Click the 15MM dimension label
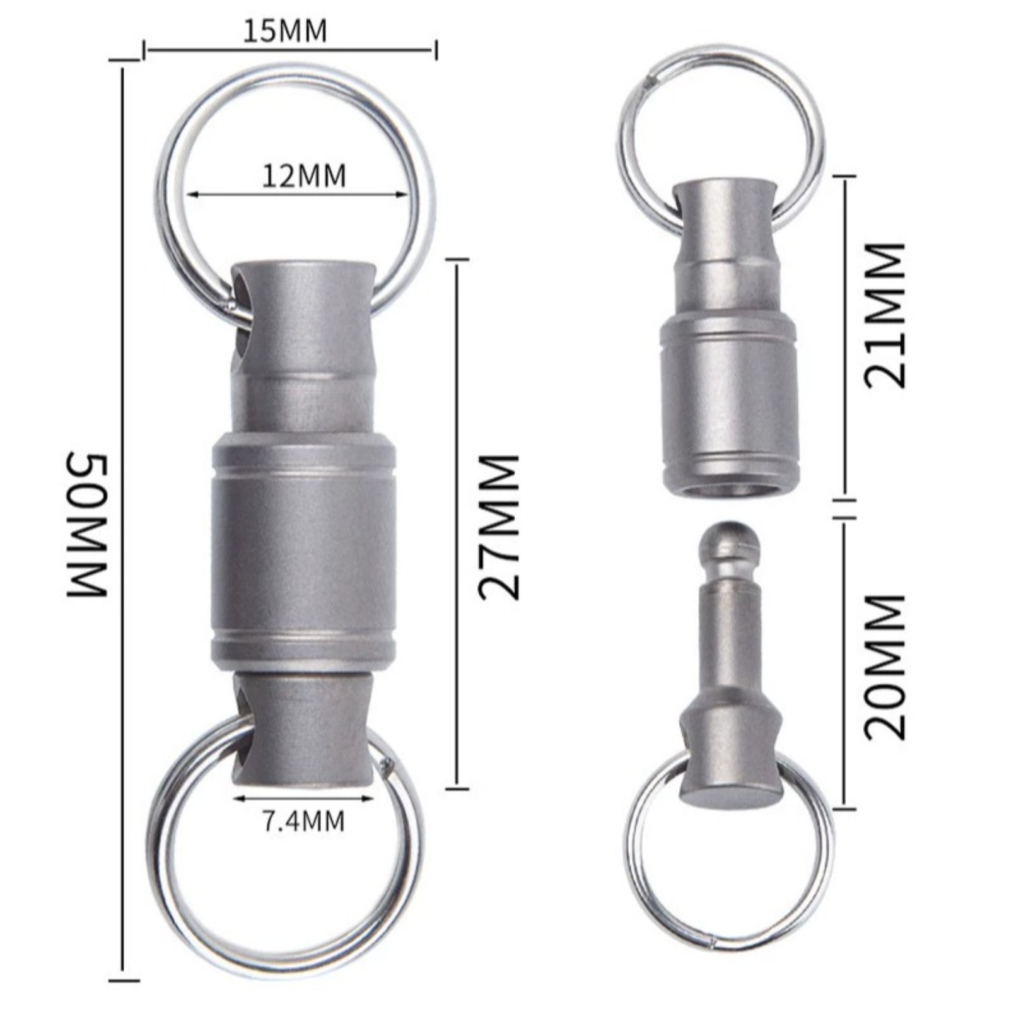(x=286, y=31)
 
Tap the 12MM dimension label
(x=304, y=176)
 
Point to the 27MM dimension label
(x=499, y=527)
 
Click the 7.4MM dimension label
(x=303, y=821)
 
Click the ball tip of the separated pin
(x=730, y=540)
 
